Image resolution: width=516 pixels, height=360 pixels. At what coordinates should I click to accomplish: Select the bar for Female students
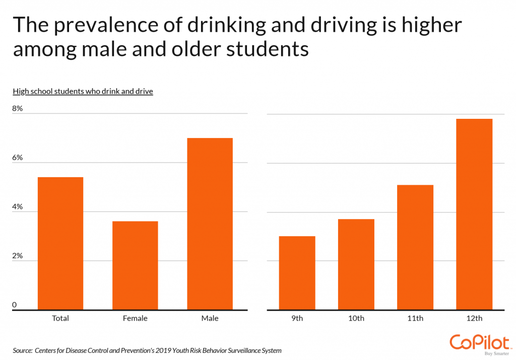click(x=135, y=265)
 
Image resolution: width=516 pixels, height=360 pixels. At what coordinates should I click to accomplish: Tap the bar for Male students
click(x=210, y=224)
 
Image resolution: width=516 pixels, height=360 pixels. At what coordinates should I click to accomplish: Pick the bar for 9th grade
click(x=297, y=273)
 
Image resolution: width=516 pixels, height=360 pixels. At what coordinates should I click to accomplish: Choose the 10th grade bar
click(x=356, y=264)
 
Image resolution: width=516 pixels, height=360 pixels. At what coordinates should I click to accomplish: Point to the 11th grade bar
click(x=415, y=247)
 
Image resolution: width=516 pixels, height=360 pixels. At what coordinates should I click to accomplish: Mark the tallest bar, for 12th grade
click(x=474, y=214)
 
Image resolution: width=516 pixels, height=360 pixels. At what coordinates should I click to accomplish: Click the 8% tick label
click(x=18, y=109)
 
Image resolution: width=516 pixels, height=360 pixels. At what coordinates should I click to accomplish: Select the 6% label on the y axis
click(x=18, y=158)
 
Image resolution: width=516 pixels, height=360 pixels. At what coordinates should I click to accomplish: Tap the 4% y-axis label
click(x=18, y=207)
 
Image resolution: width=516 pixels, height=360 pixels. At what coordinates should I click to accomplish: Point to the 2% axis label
click(x=18, y=256)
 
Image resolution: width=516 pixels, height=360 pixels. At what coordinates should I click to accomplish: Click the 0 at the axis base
click(x=15, y=305)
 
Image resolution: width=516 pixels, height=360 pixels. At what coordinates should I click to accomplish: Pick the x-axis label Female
click(x=135, y=318)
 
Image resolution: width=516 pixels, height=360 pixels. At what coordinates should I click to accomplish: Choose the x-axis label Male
click(x=210, y=318)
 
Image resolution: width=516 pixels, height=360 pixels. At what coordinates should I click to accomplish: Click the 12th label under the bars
click(x=474, y=318)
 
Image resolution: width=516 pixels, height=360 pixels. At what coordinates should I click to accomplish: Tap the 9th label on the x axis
click(x=297, y=318)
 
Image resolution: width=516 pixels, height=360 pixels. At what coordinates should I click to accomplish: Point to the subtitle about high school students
click(x=83, y=91)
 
